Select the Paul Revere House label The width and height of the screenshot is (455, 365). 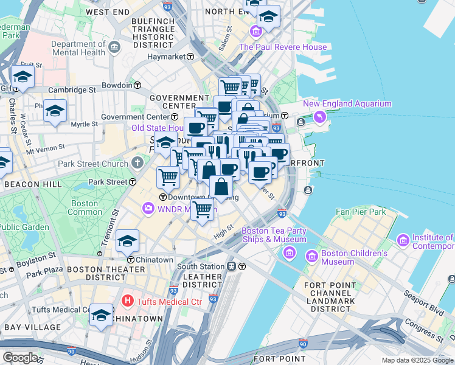pyautogui.click(x=283, y=47)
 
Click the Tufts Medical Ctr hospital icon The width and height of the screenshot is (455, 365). pyautogui.click(x=128, y=300)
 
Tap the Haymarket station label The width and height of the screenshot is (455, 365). pyautogui.click(x=167, y=57)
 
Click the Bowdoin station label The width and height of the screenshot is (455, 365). pyautogui.click(x=117, y=85)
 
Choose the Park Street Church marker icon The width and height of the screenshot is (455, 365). pyautogui.click(x=138, y=163)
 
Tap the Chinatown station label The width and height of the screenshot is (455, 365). pyautogui.click(x=155, y=260)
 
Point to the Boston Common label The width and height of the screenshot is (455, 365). pyautogui.click(x=85, y=207)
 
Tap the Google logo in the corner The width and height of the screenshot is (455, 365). pyautogui.click(x=20, y=357)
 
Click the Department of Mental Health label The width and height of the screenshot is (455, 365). pyautogui.click(x=78, y=48)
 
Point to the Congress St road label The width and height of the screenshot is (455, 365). pyautogui.click(x=436, y=332)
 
